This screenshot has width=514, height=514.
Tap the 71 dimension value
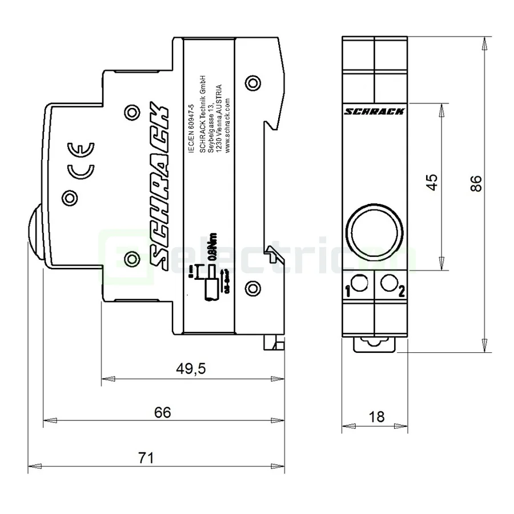147,457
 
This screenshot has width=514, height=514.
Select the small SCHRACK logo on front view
375,111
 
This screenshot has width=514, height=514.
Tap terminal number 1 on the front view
348,292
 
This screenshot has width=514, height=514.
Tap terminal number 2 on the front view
401,292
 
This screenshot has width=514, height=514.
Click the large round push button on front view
375,233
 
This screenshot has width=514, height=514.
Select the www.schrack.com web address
228,123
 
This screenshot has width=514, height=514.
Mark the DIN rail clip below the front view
375,343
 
